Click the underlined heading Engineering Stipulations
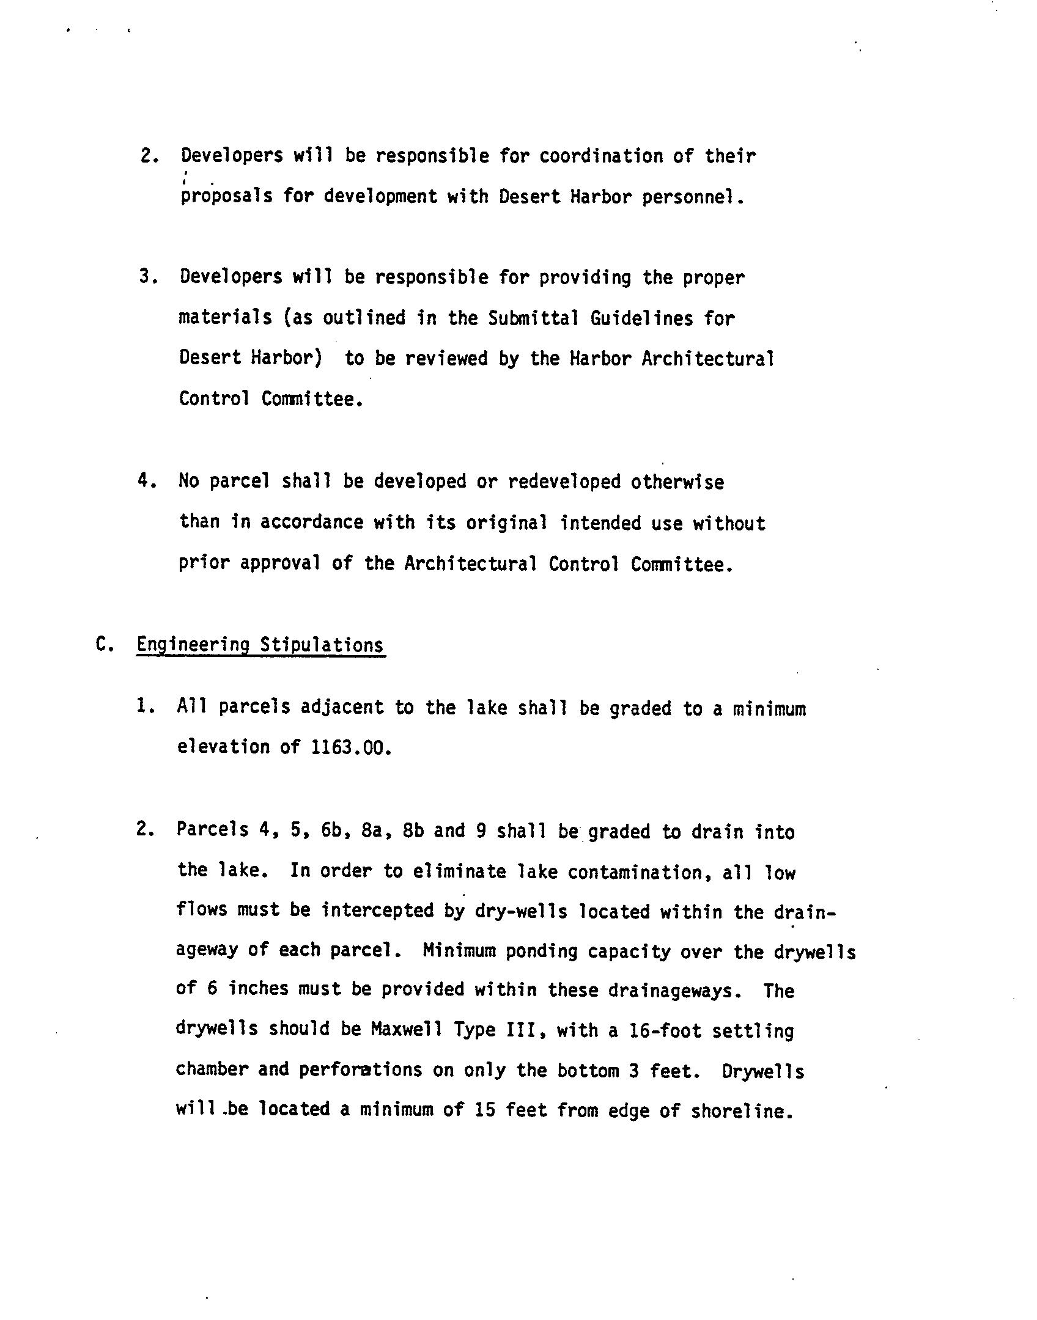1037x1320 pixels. point(260,646)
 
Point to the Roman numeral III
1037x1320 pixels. point(521,1030)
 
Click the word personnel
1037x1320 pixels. point(692,197)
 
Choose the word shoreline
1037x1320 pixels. point(742,1110)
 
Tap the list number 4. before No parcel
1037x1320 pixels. point(147,482)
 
